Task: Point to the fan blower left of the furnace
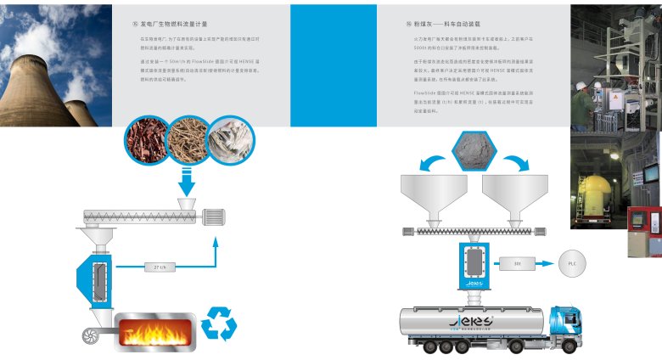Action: (92, 335)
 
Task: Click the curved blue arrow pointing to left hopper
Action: (424, 157)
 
